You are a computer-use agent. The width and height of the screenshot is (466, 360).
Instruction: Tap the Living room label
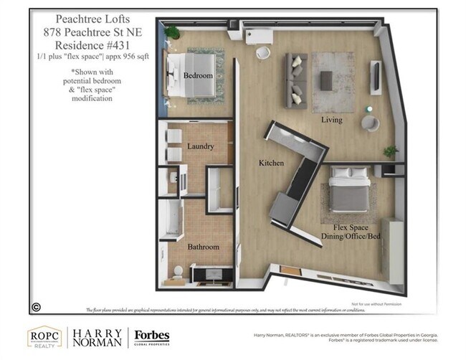point(331,119)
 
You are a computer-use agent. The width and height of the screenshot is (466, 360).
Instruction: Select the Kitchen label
point(272,164)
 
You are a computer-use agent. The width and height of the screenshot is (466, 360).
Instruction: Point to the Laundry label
point(201,147)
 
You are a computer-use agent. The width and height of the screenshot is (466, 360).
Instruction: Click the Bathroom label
point(203,247)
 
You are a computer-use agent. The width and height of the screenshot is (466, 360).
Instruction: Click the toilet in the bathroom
point(179,271)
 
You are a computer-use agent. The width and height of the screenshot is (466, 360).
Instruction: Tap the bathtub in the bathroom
point(172,219)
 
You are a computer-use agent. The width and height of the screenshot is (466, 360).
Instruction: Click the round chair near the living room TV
point(370,123)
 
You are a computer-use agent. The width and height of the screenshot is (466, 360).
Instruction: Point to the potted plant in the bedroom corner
point(173,33)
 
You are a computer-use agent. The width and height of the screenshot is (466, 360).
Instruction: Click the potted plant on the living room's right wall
point(391,152)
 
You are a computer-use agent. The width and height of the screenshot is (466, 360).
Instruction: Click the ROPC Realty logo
point(44,338)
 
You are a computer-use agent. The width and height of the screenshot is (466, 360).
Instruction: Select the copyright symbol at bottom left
point(35,306)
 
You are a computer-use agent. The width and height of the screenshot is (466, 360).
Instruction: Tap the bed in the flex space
point(349,190)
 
